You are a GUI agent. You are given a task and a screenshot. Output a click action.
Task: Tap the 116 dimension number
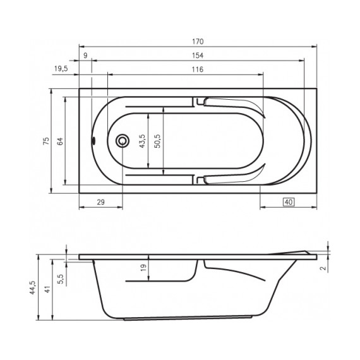(196, 69)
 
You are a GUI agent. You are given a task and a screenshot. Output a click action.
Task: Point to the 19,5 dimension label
(61, 69)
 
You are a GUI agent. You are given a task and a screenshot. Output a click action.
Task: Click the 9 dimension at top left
(85, 55)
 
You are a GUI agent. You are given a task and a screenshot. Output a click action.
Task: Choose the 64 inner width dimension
(60, 141)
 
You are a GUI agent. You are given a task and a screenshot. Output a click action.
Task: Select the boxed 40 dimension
(288, 202)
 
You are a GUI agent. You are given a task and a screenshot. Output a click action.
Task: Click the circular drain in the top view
(123, 141)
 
